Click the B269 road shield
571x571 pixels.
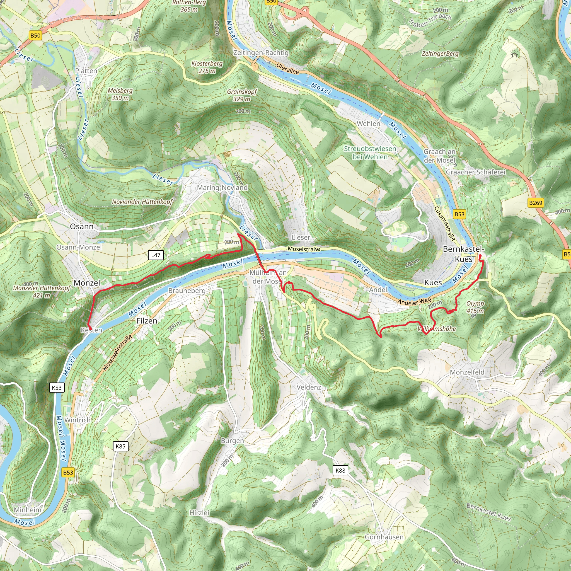536,203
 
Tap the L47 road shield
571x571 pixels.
156,255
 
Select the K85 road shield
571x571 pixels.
120,446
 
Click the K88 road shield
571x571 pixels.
340,470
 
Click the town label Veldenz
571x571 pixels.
309,387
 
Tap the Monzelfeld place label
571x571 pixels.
467,372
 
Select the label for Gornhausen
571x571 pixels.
384,537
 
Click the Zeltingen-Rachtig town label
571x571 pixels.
261,53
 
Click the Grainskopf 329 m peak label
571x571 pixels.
242,95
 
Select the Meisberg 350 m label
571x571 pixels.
120,94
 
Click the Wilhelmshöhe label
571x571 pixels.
437,329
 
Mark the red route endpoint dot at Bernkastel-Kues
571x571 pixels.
480,256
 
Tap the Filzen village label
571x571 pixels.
147,321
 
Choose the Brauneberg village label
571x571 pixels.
187,291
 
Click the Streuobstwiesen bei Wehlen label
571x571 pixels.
370,153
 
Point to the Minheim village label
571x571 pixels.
28,510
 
